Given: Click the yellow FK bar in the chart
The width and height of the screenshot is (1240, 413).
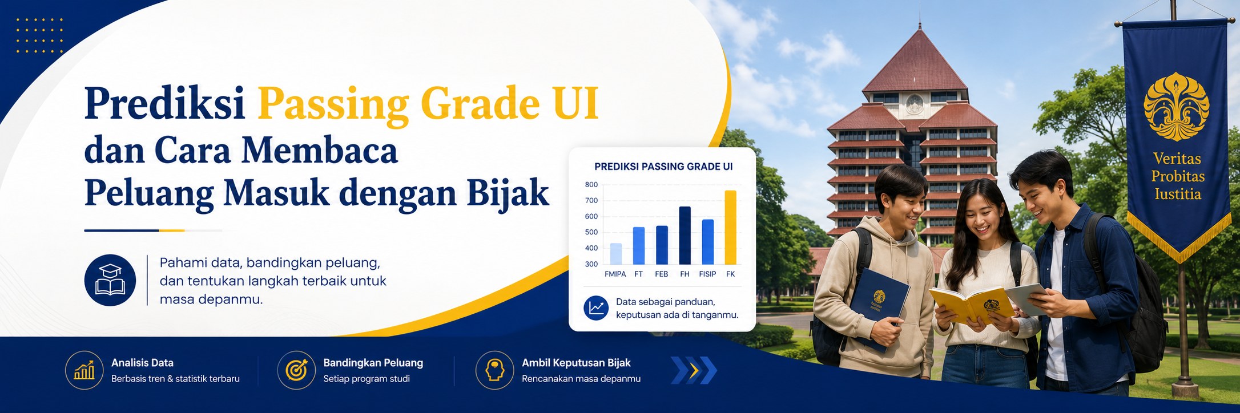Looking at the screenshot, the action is pyautogui.click(x=730, y=227).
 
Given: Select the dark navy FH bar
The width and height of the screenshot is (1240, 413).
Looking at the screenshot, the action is pyautogui.click(x=685, y=235).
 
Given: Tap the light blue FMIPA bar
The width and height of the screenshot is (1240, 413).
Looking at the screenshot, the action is pyautogui.click(x=616, y=254).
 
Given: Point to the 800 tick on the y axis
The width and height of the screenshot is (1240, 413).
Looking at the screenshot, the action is pyautogui.click(x=591, y=184).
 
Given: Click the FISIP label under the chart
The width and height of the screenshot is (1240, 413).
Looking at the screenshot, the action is pyautogui.click(x=707, y=274).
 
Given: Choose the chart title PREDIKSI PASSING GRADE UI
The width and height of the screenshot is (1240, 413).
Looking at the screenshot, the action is pyautogui.click(x=663, y=167).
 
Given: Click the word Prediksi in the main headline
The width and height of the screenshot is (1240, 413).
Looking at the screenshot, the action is pyautogui.click(x=165, y=103).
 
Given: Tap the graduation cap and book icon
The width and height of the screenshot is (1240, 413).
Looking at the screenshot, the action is pyautogui.click(x=110, y=280).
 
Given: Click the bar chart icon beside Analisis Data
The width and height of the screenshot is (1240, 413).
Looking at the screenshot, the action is pyautogui.click(x=84, y=370).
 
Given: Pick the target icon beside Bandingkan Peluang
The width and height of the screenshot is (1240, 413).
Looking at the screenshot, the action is pyautogui.click(x=296, y=370).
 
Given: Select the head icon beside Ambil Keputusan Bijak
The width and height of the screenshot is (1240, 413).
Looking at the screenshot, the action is pyautogui.click(x=495, y=370).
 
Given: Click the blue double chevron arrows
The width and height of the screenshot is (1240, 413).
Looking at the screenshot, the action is pyautogui.click(x=694, y=370).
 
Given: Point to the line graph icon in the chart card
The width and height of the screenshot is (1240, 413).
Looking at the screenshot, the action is pyautogui.click(x=596, y=308).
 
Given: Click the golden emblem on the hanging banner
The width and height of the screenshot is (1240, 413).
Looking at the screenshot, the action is pyautogui.click(x=1176, y=107).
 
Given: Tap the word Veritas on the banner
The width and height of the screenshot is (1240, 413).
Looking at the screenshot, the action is pyautogui.click(x=1177, y=159).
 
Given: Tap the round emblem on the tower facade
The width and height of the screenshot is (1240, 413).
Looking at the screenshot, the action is pyautogui.click(x=914, y=104).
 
